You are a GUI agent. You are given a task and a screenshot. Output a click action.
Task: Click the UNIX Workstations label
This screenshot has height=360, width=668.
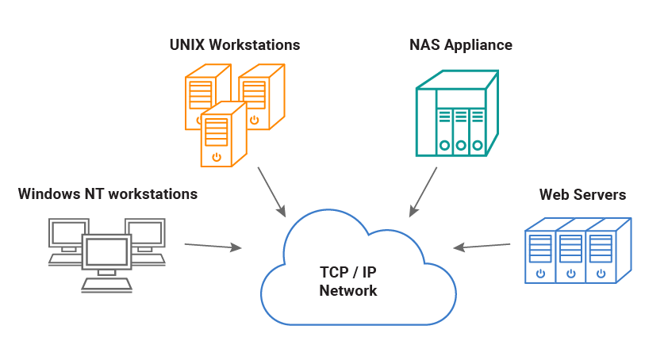235,45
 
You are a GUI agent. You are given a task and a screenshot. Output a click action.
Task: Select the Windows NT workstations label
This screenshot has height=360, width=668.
108,193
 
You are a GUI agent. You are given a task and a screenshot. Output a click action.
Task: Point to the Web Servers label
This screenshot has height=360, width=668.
582,194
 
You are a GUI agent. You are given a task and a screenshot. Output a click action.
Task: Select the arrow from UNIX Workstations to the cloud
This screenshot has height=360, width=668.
271,191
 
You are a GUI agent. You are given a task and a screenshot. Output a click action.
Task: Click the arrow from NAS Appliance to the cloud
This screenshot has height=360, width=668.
424,191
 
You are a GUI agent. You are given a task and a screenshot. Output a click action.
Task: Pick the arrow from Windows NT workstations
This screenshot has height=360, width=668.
213,247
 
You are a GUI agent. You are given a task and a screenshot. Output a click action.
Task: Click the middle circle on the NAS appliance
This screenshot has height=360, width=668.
461,145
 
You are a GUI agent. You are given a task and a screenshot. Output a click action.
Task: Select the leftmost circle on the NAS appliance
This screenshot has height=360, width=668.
444,145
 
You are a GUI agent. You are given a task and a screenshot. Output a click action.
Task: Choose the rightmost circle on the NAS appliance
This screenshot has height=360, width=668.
478,145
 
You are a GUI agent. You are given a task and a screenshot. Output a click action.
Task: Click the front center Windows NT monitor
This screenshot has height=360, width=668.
106,252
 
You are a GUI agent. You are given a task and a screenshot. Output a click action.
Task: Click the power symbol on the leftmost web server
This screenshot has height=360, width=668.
540,274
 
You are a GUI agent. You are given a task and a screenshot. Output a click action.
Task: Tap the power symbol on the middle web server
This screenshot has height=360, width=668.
570,274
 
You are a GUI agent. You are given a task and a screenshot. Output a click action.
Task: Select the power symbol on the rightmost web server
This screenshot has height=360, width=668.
601,274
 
